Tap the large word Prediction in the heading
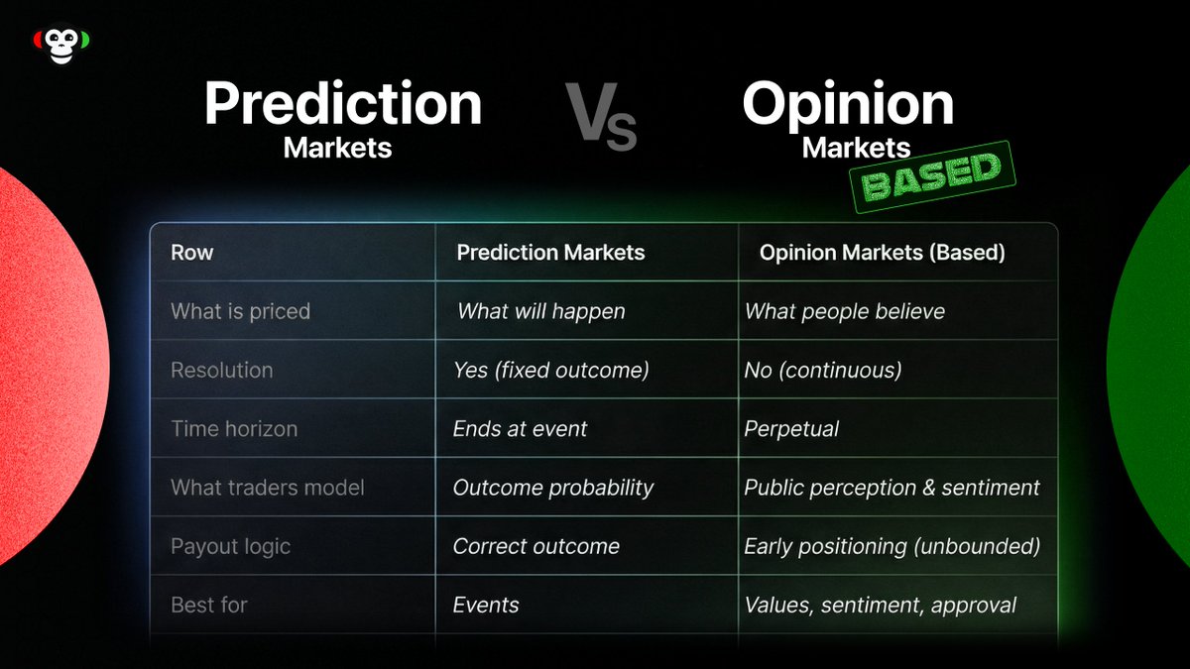pyautogui.click(x=342, y=103)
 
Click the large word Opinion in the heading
pyautogui.click(x=848, y=103)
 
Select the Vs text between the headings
pyautogui.click(x=600, y=117)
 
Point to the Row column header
pyautogui.click(x=192, y=253)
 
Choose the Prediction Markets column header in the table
pyautogui.click(x=550, y=253)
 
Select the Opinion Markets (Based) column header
pyautogui.click(x=883, y=253)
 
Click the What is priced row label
pyautogui.click(x=240, y=311)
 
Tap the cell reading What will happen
pyautogui.click(x=540, y=311)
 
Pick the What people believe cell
pyautogui.click(x=845, y=311)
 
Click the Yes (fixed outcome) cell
pyautogui.click(x=550, y=370)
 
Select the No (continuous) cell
pyautogui.click(x=822, y=370)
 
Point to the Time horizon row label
pyautogui.click(x=234, y=429)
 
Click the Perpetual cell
pyautogui.click(x=791, y=429)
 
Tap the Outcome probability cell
pyautogui.click(x=553, y=488)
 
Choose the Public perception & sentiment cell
pyautogui.click(x=892, y=488)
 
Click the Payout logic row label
pyautogui.click(x=230, y=546)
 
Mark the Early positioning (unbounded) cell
pyautogui.click(x=892, y=546)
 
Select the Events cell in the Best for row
pyautogui.click(x=486, y=605)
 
